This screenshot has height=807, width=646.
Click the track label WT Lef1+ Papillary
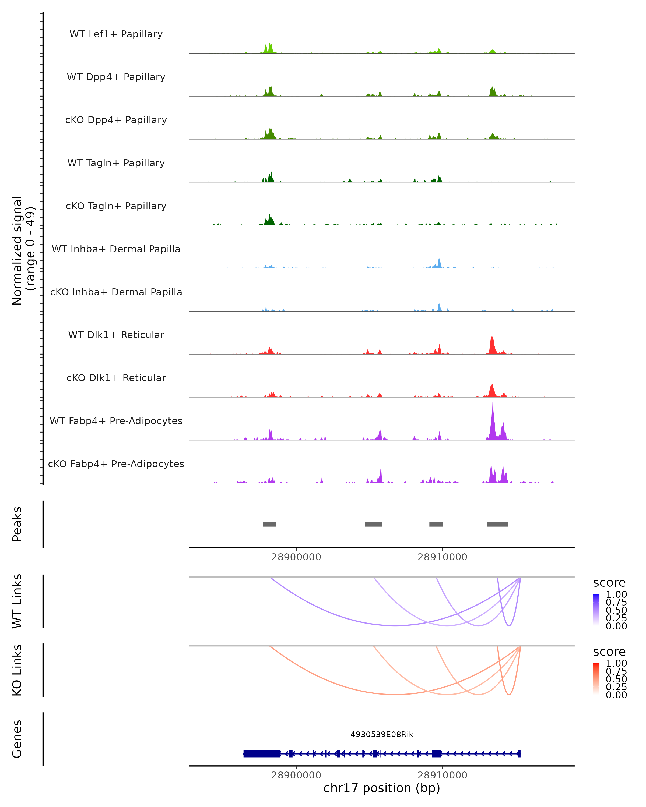[116, 34]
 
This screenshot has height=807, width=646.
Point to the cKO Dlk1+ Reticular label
[116, 378]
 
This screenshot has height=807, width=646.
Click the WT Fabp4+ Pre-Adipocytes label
[116, 421]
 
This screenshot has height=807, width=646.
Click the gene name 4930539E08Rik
[382, 734]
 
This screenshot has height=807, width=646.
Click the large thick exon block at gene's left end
[262, 753]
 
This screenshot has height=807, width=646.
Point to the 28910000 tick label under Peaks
[442, 557]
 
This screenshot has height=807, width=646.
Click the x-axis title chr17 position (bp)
[382, 788]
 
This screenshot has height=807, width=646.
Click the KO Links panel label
[17, 670]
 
